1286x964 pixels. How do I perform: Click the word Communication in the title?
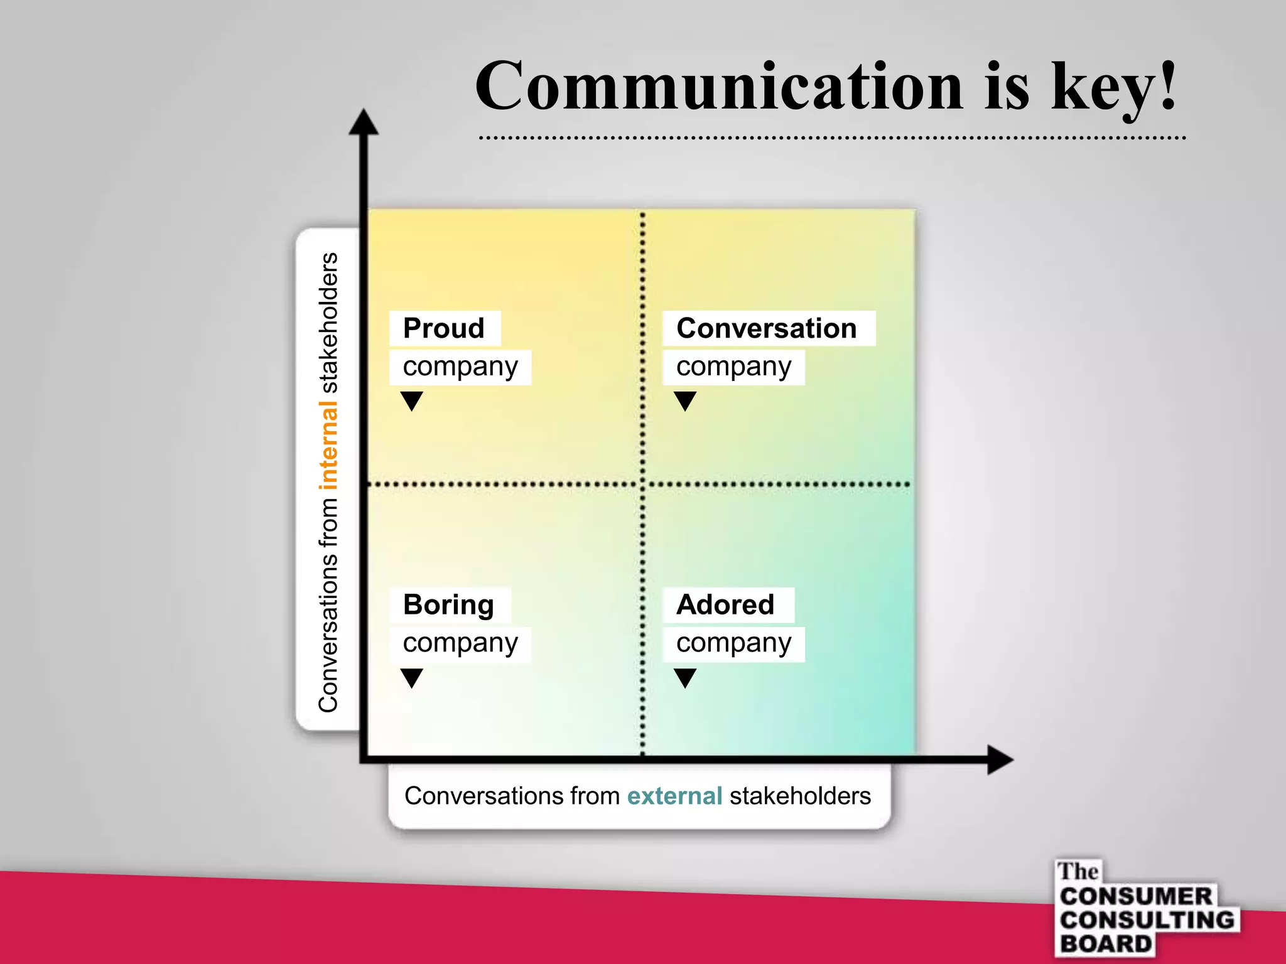(719, 87)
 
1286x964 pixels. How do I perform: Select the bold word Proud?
(444, 328)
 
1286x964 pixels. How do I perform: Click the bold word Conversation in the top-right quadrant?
(767, 328)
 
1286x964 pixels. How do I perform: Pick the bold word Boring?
(448, 605)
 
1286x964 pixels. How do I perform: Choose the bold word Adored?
(725, 605)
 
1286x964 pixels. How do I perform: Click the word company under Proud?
(460, 367)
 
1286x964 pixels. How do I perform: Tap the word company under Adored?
(733, 644)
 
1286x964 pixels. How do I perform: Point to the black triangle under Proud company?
(412, 400)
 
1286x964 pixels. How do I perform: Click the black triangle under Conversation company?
(685, 400)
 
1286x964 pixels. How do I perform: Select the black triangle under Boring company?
(412, 677)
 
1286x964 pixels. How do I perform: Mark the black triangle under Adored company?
(685, 677)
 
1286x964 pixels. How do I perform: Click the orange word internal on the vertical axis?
(328, 446)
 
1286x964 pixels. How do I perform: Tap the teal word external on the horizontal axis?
(674, 796)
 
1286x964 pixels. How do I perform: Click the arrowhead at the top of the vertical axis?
(364, 122)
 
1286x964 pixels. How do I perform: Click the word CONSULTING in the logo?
(1147, 920)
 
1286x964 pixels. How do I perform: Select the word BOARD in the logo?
(1106, 944)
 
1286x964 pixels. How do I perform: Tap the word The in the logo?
(1078, 872)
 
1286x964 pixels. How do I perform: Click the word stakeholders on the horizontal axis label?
(800, 796)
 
